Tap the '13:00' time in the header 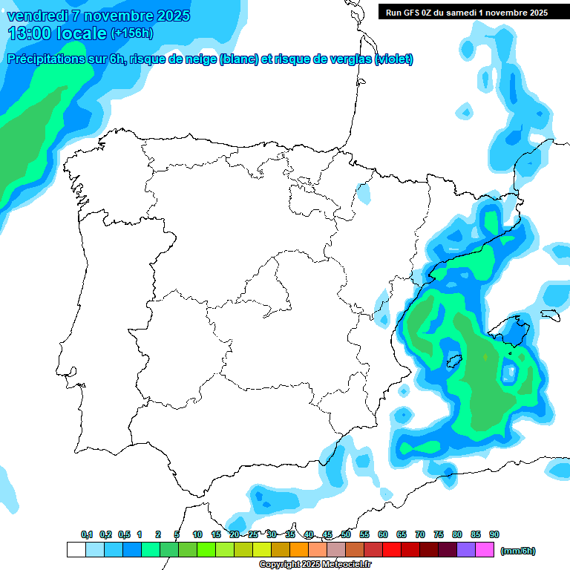30,33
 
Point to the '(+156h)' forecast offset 132,33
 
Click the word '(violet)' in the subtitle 393,59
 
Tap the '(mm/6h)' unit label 517,551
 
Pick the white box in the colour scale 76,550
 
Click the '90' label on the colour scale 494,534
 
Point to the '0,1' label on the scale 87,534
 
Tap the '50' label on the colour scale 346,534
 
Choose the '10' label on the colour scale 197,534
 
